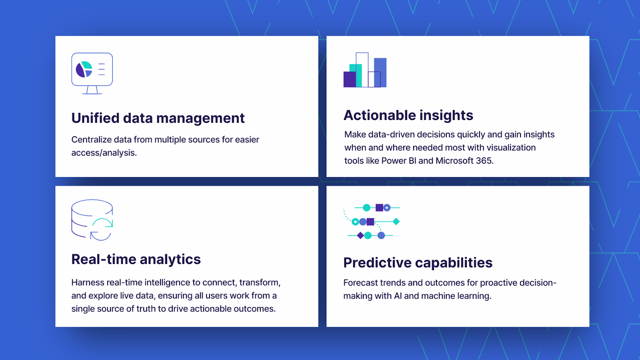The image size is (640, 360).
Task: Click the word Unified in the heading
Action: click(x=95, y=118)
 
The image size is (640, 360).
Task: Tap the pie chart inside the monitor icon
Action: click(x=84, y=69)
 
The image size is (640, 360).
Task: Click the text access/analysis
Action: click(x=104, y=153)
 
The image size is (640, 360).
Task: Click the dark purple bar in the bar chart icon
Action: click(x=350, y=79)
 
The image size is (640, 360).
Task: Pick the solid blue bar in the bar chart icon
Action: click(x=380, y=72)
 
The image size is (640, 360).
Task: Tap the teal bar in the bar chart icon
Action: click(x=358, y=76)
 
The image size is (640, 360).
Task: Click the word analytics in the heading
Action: click(x=170, y=260)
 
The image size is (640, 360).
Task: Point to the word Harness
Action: click(x=88, y=282)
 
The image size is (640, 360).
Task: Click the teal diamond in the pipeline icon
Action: click(x=396, y=222)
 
